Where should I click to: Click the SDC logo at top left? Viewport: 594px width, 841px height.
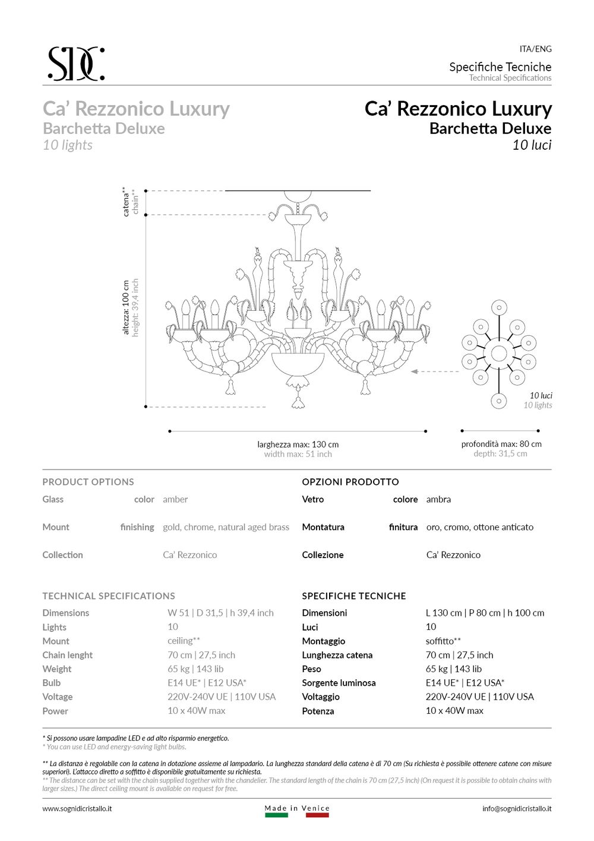point(76,64)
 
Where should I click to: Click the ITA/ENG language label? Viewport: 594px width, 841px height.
point(535,49)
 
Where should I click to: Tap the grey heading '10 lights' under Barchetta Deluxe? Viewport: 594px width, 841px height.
point(68,145)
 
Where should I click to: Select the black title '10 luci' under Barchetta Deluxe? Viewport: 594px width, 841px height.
point(532,145)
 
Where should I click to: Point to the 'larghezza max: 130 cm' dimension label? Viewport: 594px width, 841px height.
point(298,444)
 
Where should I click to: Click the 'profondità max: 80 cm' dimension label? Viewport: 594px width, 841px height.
point(501,444)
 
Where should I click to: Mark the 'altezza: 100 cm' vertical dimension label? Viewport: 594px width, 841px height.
point(126,307)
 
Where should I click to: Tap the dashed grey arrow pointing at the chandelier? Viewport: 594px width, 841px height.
point(434,371)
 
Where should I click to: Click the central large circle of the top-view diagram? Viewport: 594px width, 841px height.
point(499,353)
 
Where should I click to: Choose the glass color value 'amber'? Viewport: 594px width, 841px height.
point(175,499)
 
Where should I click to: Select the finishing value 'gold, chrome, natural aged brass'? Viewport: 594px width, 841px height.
point(226,527)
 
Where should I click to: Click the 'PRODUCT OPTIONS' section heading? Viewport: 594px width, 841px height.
point(88,482)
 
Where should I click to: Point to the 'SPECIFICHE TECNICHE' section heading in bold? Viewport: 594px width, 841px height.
point(353,596)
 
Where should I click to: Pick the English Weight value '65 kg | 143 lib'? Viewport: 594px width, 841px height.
point(195,669)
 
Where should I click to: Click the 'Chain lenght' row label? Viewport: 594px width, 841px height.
point(67,655)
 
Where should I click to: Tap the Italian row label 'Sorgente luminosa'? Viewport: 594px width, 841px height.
point(339,683)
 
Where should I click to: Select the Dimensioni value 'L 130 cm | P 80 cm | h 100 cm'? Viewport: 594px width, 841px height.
point(485,613)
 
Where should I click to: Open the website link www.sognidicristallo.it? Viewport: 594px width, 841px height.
point(77,808)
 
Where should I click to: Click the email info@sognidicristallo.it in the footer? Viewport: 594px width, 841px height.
point(516,808)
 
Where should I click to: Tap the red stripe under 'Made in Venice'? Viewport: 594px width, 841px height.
point(317,815)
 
